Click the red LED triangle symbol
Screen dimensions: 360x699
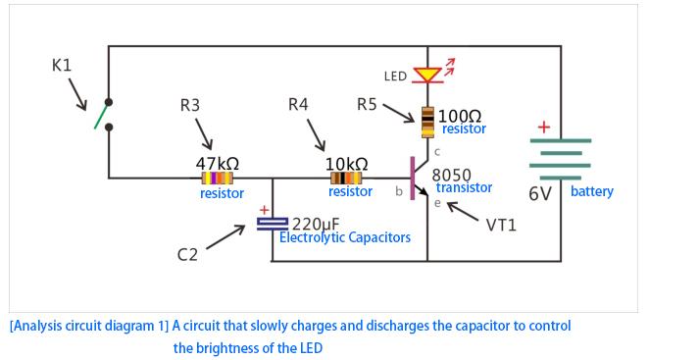click(427, 75)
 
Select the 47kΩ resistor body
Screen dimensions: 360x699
click(217, 179)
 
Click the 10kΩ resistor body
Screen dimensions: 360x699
click(346, 179)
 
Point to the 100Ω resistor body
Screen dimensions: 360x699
click(428, 120)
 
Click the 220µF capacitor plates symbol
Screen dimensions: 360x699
click(272, 225)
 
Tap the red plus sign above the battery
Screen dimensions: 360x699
click(543, 128)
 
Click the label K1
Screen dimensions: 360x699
click(61, 66)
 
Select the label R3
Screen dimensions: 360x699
click(190, 105)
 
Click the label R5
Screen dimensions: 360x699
click(367, 104)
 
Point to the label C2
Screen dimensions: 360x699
click(187, 255)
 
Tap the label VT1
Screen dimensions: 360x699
click(502, 225)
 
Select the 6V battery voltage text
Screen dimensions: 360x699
click(540, 194)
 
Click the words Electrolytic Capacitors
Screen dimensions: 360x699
click(345, 238)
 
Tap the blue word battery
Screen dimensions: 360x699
click(591, 191)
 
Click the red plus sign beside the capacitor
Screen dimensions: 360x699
click(263, 209)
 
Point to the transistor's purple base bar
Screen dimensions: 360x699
click(413, 178)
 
